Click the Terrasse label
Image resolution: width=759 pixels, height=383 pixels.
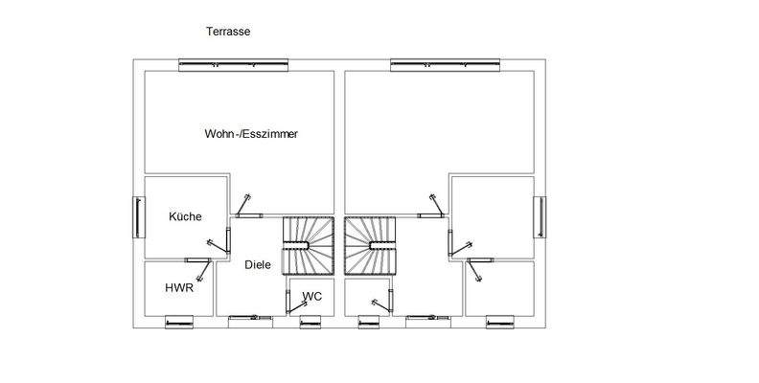point(228,32)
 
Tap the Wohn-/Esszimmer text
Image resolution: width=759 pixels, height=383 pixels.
point(251,134)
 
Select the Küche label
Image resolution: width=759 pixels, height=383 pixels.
point(185,217)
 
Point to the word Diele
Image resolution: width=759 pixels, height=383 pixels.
point(258,264)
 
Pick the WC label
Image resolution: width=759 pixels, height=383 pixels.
point(311,297)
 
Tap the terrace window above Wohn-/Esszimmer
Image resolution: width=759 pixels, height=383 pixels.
point(235,64)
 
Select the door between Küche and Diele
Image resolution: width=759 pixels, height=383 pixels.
point(227,240)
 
